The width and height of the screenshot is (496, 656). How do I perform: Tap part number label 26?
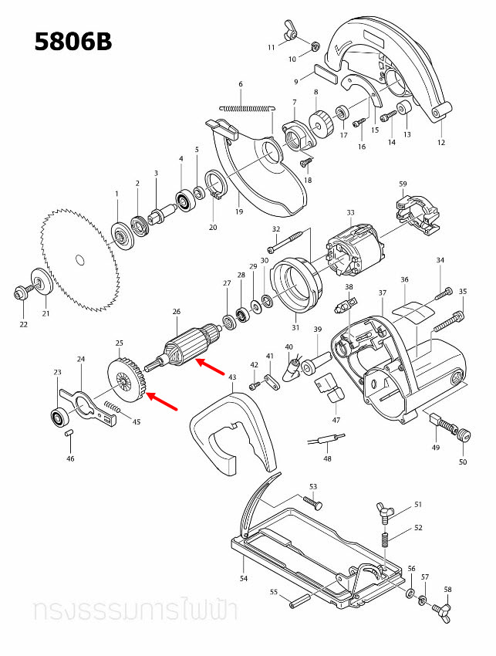[x=176, y=312]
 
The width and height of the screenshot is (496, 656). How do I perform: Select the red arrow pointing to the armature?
[x=208, y=366]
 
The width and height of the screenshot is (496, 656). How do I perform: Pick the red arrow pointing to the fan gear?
[x=163, y=401]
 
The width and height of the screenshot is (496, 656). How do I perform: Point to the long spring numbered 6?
[x=245, y=107]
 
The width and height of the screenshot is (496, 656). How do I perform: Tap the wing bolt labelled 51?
[x=385, y=509]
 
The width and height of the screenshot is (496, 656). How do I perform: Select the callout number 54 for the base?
[x=244, y=578]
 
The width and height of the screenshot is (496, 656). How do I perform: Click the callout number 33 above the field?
[x=350, y=213]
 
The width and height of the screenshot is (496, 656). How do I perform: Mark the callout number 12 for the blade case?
[x=441, y=142]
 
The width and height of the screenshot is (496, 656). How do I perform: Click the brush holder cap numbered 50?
[x=464, y=435]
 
